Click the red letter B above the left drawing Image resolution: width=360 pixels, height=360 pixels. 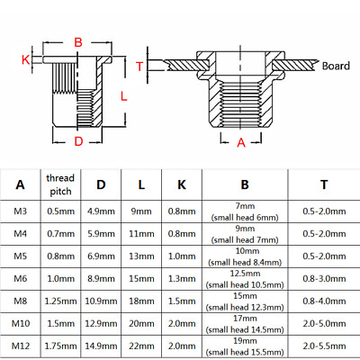tap(77, 42)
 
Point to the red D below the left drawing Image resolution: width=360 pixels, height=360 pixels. tap(78, 141)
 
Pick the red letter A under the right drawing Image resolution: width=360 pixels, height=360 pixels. tap(240, 141)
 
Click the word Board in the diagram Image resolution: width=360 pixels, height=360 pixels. tap(335, 67)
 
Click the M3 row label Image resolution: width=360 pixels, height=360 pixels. tap(21, 211)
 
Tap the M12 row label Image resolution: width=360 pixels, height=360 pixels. tap(21, 346)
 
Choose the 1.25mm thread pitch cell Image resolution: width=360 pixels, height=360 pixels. tap(59, 301)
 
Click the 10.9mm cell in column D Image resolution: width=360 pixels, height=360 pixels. tap(102, 301)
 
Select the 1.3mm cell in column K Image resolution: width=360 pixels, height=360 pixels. tap(183, 278)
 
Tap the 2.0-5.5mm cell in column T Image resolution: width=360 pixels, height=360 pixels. tap(322, 346)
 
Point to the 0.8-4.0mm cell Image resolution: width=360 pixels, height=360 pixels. tap(322, 301)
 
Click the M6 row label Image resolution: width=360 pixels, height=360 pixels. tap(21, 278)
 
